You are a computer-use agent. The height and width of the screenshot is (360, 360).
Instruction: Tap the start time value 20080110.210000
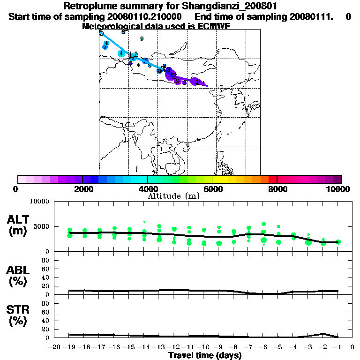click(141, 17)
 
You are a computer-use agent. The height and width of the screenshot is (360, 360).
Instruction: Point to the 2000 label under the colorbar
click(82, 189)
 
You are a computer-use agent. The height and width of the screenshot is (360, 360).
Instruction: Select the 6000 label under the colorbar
click(212, 189)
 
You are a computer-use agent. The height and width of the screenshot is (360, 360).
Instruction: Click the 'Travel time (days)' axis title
click(205, 355)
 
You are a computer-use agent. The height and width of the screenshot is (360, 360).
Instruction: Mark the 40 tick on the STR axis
click(46, 321)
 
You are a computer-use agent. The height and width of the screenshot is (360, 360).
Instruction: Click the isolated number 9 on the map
click(142, 39)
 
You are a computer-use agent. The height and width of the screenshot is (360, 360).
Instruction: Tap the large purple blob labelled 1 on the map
click(197, 82)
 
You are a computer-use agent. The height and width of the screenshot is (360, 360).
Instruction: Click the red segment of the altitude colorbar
click(272, 179)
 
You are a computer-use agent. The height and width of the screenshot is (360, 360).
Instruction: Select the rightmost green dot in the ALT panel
click(338, 242)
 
